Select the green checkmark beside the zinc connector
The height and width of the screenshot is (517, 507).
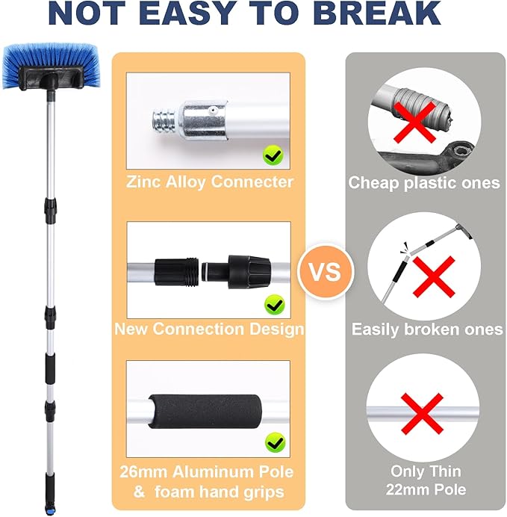[x=273, y=155]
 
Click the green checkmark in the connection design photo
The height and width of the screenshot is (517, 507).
[x=273, y=304]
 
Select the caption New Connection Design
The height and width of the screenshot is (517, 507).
[x=208, y=329]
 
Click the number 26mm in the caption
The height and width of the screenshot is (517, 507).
[x=142, y=472]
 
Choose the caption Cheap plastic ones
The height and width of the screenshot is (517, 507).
[x=424, y=183]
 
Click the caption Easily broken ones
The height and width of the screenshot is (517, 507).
[x=427, y=329]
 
